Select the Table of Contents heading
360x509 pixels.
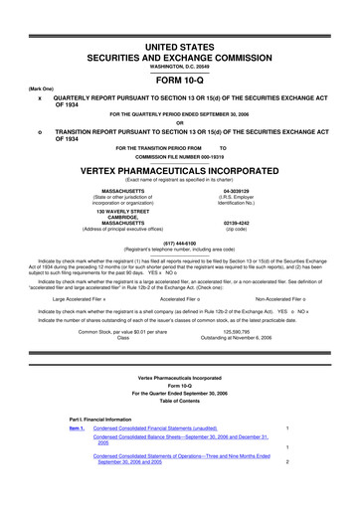coord(179,422)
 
